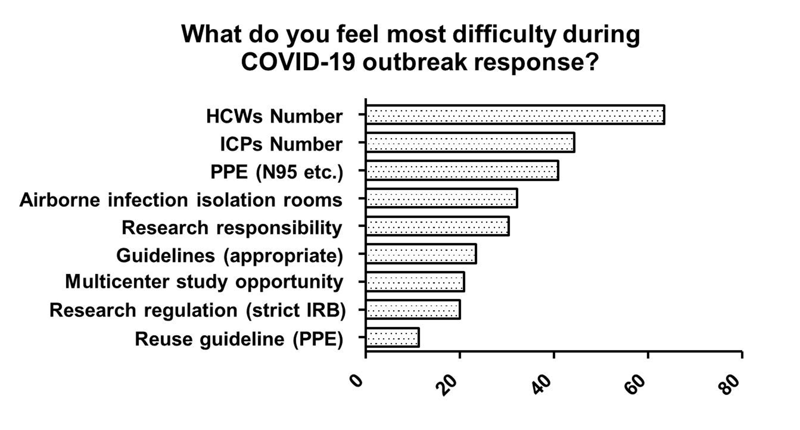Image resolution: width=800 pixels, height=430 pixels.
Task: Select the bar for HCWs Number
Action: coord(515,115)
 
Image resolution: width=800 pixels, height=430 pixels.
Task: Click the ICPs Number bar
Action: coord(470,142)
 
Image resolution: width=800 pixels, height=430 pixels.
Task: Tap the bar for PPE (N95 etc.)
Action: coord(462,170)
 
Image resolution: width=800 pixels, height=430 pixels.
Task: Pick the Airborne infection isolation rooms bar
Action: coord(442,198)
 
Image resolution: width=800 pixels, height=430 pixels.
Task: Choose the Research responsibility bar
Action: coord(437,226)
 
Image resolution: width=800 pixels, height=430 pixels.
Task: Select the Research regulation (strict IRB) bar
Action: coord(413,309)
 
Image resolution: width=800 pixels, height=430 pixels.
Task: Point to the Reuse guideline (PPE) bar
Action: coord(392,337)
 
